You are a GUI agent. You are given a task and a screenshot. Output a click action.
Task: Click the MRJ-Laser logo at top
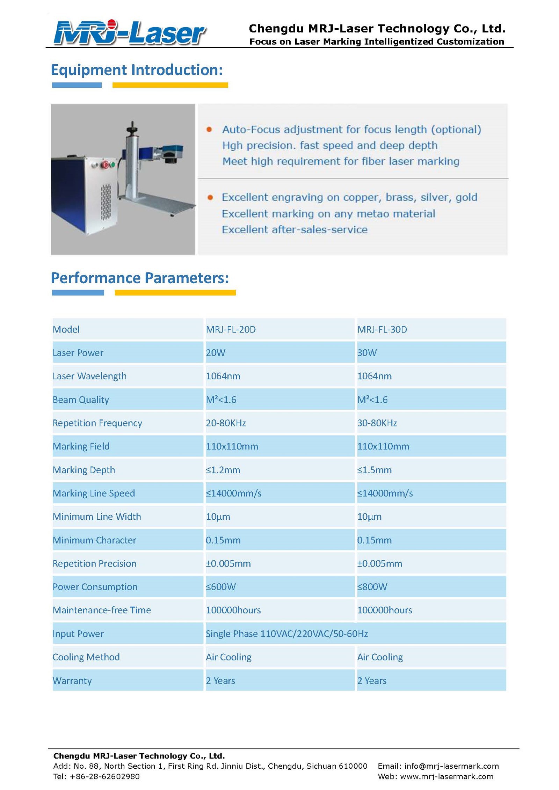pos(129,33)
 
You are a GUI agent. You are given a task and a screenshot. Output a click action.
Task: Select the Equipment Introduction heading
pos(137,70)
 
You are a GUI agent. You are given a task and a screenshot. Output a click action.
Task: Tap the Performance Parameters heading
pos(140,278)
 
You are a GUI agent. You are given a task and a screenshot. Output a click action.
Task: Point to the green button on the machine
pos(112,164)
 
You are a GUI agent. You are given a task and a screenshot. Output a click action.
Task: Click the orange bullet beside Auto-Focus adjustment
pos(209,130)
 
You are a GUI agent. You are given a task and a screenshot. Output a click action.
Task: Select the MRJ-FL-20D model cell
pos(231,329)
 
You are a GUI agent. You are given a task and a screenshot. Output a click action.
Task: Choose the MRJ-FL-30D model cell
pos(382,329)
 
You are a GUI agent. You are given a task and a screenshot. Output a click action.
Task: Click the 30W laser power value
pos(367,353)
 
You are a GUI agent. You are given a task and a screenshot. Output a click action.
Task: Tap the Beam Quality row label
pos(81,400)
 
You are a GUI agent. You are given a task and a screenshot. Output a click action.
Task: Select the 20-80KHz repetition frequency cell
pos(226,423)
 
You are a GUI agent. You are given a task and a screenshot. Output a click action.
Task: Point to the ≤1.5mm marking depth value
pos(374,470)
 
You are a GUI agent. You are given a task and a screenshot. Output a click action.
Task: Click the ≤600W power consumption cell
pos(221,587)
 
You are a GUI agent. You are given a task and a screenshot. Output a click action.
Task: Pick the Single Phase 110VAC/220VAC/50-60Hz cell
pos(286,634)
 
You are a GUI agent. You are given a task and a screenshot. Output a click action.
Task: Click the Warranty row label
pos(72,681)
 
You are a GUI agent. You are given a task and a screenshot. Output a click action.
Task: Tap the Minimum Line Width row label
pos(97,517)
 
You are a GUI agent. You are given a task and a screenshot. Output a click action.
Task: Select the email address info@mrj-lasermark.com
pos(451,766)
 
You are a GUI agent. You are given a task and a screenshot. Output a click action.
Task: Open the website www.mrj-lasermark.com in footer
pos(447,776)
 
